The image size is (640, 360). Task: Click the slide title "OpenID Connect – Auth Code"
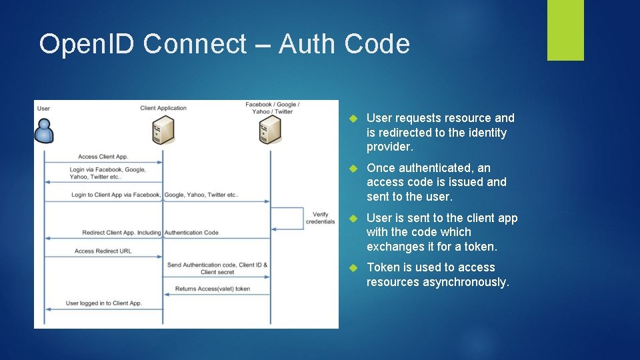pyautogui.click(x=224, y=44)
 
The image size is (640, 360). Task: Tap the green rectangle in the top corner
pyautogui.click(x=565, y=30)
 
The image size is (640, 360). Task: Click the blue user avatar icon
pyautogui.click(x=44, y=131)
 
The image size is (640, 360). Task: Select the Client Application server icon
pyautogui.click(x=163, y=129)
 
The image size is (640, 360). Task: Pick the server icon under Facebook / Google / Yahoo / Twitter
pyautogui.click(x=270, y=130)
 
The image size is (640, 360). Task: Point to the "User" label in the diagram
pyautogui.click(x=43, y=108)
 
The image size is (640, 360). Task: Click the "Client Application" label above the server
pyautogui.click(x=163, y=108)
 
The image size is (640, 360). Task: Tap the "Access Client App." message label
pyautogui.click(x=103, y=157)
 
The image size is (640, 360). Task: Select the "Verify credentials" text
pyautogui.click(x=320, y=218)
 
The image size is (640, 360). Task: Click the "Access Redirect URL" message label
pyautogui.click(x=103, y=251)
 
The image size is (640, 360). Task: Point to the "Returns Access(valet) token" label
pyautogui.click(x=213, y=289)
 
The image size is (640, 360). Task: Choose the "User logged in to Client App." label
pyautogui.click(x=103, y=303)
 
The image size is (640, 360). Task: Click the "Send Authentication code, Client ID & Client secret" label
pyautogui.click(x=217, y=268)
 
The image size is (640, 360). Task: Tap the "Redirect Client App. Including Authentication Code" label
pyautogui.click(x=150, y=233)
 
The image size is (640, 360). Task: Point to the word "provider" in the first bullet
pyautogui.click(x=389, y=147)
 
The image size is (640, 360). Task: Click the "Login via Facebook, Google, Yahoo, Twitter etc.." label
pyautogui.click(x=107, y=173)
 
